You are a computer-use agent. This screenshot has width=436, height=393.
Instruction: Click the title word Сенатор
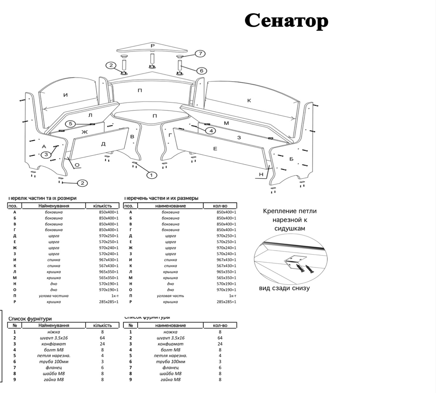pyautogui.click(x=286, y=21)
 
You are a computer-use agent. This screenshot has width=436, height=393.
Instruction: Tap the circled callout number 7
pyautogui.click(x=200, y=54)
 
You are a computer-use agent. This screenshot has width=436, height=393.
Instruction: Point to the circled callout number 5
pyautogui.click(x=71, y=124)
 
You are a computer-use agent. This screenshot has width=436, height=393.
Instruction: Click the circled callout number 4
pyautogui.click(x=211, y=130)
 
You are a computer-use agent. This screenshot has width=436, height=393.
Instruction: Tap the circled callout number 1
pyautogui.click(x=152, y=175)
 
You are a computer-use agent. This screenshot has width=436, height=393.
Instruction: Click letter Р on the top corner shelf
pyautogui.click(x=152, y=46)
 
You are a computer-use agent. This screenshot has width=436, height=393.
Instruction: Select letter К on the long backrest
pyautogui.click(x=249, y=101)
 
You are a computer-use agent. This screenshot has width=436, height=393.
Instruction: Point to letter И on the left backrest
pyautogui.click(x=66, y=94)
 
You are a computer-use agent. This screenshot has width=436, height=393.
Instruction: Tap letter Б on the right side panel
pyautogui.click(x=291, y=159)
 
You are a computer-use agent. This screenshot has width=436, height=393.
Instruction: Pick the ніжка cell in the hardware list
pyautogui.click(x=54, y=332)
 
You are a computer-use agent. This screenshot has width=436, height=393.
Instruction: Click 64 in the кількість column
pyautogui.click(x=102, y=338)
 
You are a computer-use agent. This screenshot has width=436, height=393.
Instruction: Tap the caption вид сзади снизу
pyautogui.click(x=285, y=288)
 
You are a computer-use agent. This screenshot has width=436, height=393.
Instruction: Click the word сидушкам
pyautogui.click(x=289, y=229)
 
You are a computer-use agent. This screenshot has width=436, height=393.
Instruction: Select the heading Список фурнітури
pyautogui.click(x=30, y=318)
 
